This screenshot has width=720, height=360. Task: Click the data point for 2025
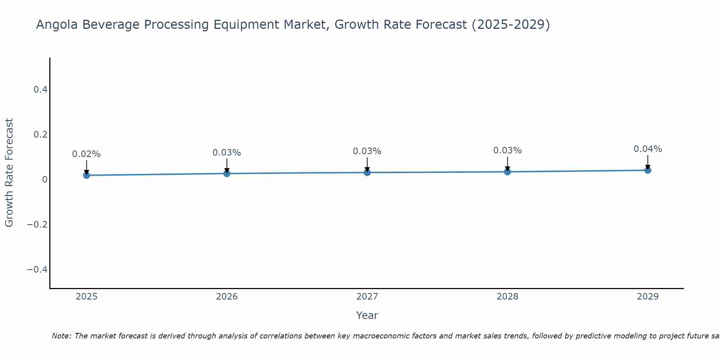[86, 175]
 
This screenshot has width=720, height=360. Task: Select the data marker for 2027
[367, 172]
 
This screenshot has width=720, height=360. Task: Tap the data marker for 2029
[648, 170]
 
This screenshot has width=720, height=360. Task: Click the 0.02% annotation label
[86, 154]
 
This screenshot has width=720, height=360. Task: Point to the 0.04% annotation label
[648, 149]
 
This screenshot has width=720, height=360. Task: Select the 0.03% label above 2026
[227, 153]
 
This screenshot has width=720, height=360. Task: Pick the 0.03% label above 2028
[507, 150]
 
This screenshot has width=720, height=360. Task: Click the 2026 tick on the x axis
[227, 297]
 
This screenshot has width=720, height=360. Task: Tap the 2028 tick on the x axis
[507, 297]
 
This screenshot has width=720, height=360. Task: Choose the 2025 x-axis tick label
[86, 297]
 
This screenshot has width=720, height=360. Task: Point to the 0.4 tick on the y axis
[41, 90]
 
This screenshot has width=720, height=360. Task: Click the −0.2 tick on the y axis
[37, 225]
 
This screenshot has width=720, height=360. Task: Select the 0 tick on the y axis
[45, 180]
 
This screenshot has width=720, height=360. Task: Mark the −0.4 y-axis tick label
[37, 270]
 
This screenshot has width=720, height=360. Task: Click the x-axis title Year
[367, 315]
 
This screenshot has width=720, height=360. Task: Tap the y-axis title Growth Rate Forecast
[9, 172]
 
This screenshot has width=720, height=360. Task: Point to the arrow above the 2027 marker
[367, 164]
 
